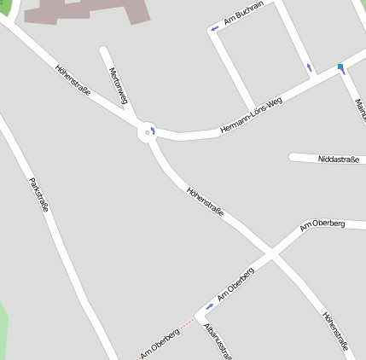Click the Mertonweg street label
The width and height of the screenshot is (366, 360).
[118, 85]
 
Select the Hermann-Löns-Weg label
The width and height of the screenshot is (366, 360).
[251, 115]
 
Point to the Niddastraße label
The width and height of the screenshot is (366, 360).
[338, 160]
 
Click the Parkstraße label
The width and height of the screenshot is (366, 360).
[38, 195]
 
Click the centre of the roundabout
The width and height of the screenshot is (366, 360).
[148, 131]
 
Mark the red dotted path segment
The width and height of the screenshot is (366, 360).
[183, 324]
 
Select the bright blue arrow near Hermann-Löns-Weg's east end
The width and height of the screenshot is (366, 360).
[340, 67]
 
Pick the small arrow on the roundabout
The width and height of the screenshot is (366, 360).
[154, 131]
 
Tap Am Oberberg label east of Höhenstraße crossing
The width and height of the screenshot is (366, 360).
[322, 224]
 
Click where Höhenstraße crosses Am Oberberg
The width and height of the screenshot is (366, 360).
[270, 253]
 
